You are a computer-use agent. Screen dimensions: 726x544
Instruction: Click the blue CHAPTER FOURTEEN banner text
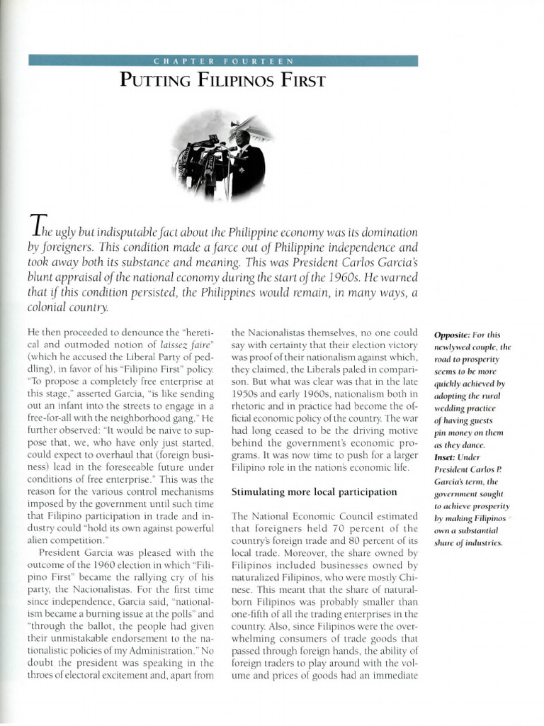tap(223, 61)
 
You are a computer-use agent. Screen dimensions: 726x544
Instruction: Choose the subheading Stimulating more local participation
tap(314, 491)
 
